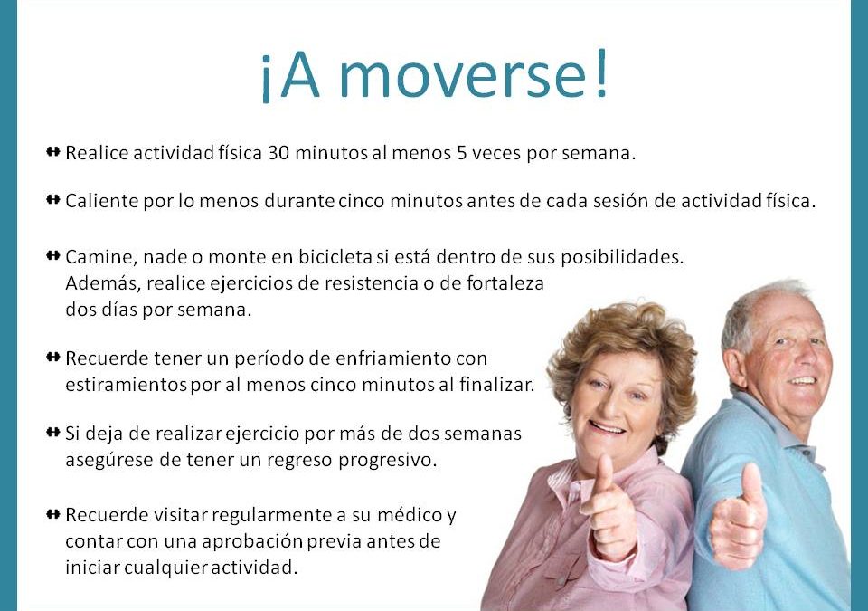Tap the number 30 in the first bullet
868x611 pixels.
point(278,153)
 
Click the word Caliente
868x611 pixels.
point(102,201)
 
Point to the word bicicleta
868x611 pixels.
point(335,257)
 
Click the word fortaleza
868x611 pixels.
point(505,283)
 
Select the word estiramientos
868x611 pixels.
point(126,384)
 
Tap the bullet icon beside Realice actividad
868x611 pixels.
point(53,151)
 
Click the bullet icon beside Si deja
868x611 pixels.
point(53,432)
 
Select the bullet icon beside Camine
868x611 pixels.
point(53,255)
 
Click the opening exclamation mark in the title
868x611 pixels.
point(266,79)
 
